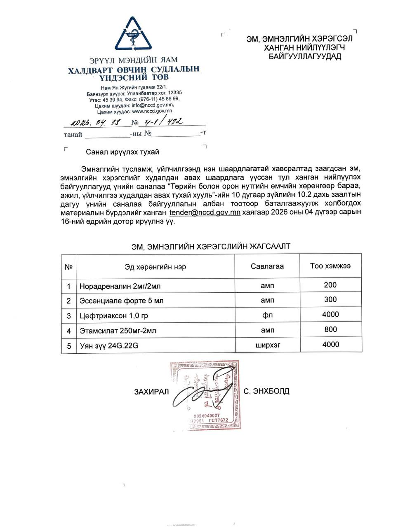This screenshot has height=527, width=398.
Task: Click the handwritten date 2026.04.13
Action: (95, 122)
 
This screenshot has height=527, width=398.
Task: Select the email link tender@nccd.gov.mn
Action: (205, 212)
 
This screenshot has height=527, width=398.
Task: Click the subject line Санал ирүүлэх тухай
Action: (122, 152)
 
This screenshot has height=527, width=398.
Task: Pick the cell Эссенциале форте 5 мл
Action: (121, 301)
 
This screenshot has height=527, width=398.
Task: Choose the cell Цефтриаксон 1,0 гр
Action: (114, 316)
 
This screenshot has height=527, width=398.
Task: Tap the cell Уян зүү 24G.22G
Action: (109, 346)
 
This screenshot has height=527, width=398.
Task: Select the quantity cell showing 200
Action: (330, 285)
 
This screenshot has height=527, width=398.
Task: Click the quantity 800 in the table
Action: (330, 329)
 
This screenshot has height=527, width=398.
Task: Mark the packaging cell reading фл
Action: (267, 315)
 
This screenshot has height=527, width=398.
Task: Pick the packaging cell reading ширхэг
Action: (267, 345)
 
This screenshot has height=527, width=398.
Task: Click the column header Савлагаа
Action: (267, 266)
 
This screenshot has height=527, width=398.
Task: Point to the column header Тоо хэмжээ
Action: (330, 266)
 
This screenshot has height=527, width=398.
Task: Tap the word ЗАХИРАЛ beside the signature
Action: (151, 392)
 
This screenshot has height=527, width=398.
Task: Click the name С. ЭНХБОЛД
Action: (266, 391)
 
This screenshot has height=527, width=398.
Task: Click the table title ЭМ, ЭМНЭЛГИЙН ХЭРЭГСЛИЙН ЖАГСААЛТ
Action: (211, 246)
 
